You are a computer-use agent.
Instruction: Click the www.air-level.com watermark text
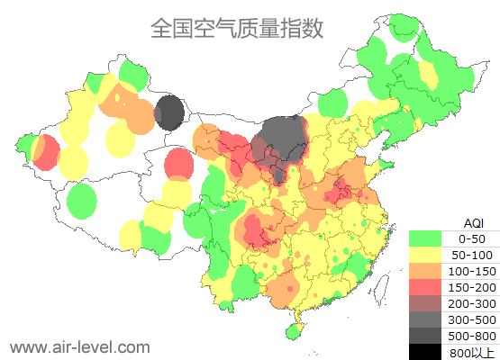pyautogui.click(x=79, y=346)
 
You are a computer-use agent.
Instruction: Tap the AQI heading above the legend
pyautogui.click(x=473, y=222)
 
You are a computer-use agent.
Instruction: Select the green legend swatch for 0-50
pyautogui.click(x=425, y=238)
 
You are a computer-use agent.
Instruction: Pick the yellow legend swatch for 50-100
pyautogui.click(x=425, y=255)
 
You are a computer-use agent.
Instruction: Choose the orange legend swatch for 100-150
pyautogui.click(x=425, y=271)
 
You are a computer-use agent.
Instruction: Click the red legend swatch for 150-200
pyautogui.click(x=425, y=287)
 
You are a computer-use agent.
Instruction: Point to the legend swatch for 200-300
pyautogui.click(x=425, y=303)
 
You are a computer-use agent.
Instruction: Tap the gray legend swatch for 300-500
pyautogui.click(x=425, y=319)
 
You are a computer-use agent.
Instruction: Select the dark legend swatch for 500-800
pyautogui.click(x=425, y=336)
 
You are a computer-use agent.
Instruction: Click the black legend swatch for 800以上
pyautogui.click(x=425, y=352)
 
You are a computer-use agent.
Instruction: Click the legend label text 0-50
pyautogui.click(x=472, y=238)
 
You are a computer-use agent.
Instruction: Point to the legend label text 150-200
pyautogui.click(x=472, y=287)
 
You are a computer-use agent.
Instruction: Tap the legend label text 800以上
pyautogui.click(x=472, y=352)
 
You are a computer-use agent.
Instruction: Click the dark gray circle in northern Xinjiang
pyautogui.click(x=168, y=113)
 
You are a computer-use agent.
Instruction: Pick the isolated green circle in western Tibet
pyautogui.click(x=82, y=200)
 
